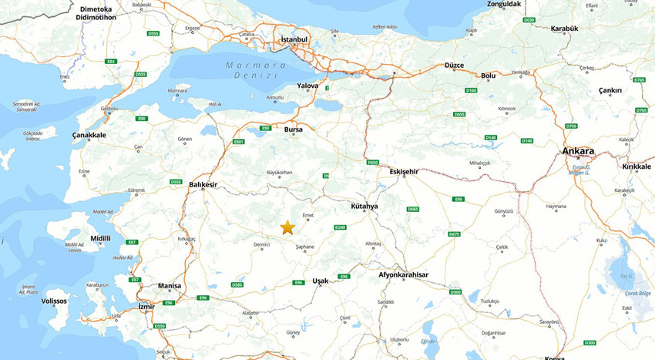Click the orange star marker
coord(287,227)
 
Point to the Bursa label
coord(294,130)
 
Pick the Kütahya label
coord(364,207)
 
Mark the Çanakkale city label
coord(89,135)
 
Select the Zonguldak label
coord(505,4)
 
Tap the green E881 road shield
coord(239,142)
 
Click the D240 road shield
coord(340,227)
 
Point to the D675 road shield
coord(454,234)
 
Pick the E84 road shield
coord(111,61)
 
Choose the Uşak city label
coord(320,281)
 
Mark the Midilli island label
coord(101,238)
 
